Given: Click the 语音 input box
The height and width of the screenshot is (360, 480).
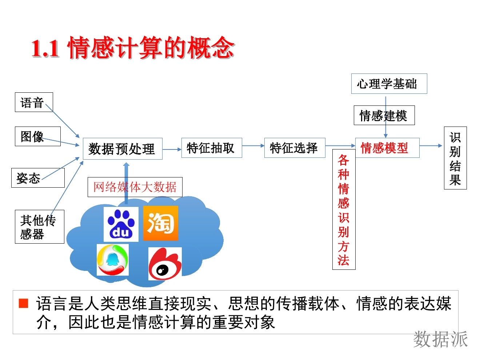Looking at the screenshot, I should [34, 102].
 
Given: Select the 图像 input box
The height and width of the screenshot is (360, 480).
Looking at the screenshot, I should [37, 136].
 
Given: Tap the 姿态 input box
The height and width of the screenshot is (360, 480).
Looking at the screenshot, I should [38, 178].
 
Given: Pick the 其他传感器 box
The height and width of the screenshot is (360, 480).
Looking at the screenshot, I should [39, 227].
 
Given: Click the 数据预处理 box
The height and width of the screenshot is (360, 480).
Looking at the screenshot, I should [122, 148].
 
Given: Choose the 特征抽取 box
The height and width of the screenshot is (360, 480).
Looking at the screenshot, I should [211, 148].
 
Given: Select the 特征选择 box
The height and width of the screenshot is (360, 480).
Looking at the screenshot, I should [295, 148].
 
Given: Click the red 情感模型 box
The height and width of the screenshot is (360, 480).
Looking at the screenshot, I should [387, 148].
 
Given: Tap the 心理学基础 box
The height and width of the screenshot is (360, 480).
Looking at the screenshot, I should [389, 84].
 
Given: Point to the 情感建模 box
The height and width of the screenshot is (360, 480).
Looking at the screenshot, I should [384, 115].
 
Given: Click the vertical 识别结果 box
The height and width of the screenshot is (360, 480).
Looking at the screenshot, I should [455, 158].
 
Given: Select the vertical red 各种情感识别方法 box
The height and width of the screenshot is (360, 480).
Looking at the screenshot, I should [344, 209].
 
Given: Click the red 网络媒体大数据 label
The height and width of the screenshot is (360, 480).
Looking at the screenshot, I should [135, 187].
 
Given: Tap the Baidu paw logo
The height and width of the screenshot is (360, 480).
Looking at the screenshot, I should [121, 224].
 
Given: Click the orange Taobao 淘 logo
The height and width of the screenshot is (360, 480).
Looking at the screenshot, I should [160, 223].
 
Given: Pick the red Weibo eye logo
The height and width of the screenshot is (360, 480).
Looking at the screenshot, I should [165, 264].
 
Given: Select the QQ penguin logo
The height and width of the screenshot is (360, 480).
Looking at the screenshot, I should [112, 260].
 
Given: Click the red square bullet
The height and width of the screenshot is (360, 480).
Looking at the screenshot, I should [24, 303].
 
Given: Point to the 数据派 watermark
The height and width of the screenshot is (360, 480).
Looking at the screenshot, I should [440, 339].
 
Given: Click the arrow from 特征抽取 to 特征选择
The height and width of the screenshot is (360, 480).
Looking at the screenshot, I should [253, 146].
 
